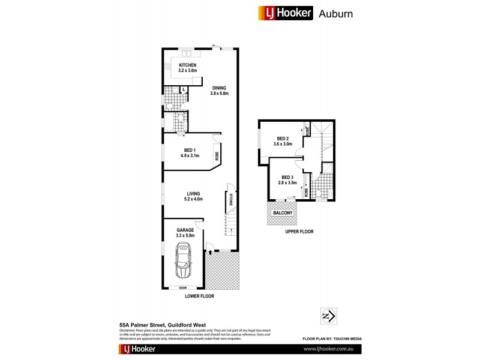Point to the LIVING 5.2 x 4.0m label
(193, 196)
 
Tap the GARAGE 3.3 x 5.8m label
(185, 233)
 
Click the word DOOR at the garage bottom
(183, 287)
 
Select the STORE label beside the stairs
(229, 198)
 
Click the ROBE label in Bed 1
(217, 155)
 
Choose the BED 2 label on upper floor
(283, 142)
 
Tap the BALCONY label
(283, 213)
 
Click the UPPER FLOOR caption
(299, 231)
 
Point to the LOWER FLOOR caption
(200, 296)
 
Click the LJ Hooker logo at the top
(286, 13)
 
